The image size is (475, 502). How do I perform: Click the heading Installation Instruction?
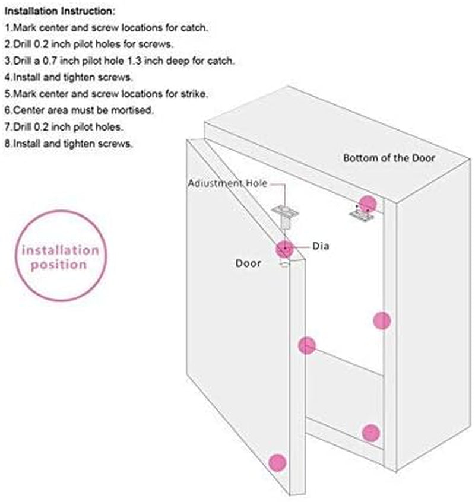pos(60,11)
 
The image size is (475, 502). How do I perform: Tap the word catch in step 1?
pos(194,27)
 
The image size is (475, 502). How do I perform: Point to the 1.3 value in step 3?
pos(134,61)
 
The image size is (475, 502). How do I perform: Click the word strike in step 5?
pos(194,94)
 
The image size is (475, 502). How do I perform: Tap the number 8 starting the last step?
pos(8,144)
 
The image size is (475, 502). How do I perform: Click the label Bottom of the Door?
pos(389,158)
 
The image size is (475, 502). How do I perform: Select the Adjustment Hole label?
pos(227,183)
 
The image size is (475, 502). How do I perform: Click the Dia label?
pos(321,246)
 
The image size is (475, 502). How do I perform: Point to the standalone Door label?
pos(248,263)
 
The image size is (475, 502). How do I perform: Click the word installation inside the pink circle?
pos(61,250)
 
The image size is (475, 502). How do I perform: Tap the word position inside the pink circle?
pos(59,265)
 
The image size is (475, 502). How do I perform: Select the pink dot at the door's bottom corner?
pos(277,463)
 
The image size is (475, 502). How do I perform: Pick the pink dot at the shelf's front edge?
pos(307,345)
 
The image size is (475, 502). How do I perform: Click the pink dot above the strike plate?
pos(368,204)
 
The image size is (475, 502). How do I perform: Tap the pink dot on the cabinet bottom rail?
pos(371,433)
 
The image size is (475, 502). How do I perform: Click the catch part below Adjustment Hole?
pos(286,217)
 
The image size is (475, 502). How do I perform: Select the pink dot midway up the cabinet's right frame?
pos(382,320)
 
